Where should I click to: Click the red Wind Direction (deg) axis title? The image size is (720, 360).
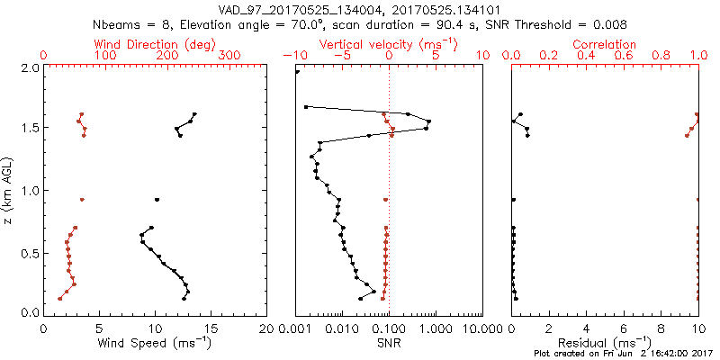(x=155, y=44)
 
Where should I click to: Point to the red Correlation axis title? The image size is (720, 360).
(x=605, y=44)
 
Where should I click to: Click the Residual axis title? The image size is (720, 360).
(x=605, y=343)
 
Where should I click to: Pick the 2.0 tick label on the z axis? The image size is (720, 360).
(x=31, y=67)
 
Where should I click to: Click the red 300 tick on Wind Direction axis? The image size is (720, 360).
(x=229, y=56)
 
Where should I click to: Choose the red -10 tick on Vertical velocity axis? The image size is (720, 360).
(x=293, y=56)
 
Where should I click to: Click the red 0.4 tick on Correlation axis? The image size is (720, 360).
(x=586, y=56)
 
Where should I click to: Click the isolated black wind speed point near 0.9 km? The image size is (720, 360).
(x=157, y=200)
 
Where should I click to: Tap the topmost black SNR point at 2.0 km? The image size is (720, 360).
(x=297, y=72)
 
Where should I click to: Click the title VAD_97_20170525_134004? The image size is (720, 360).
(x=297, y=9)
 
